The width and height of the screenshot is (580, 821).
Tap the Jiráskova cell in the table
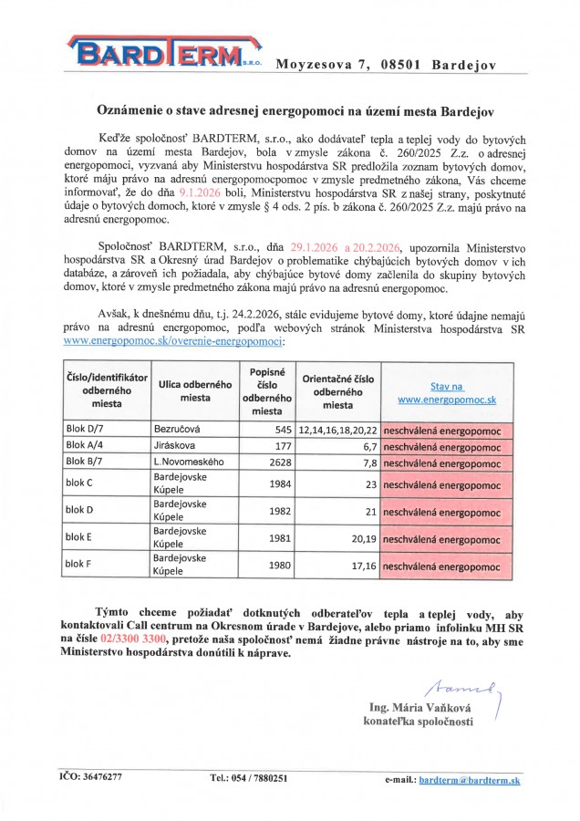pyautogui.click(x=173, y=445)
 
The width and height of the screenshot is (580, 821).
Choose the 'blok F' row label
pyautogui.click(x=78, y=565)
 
